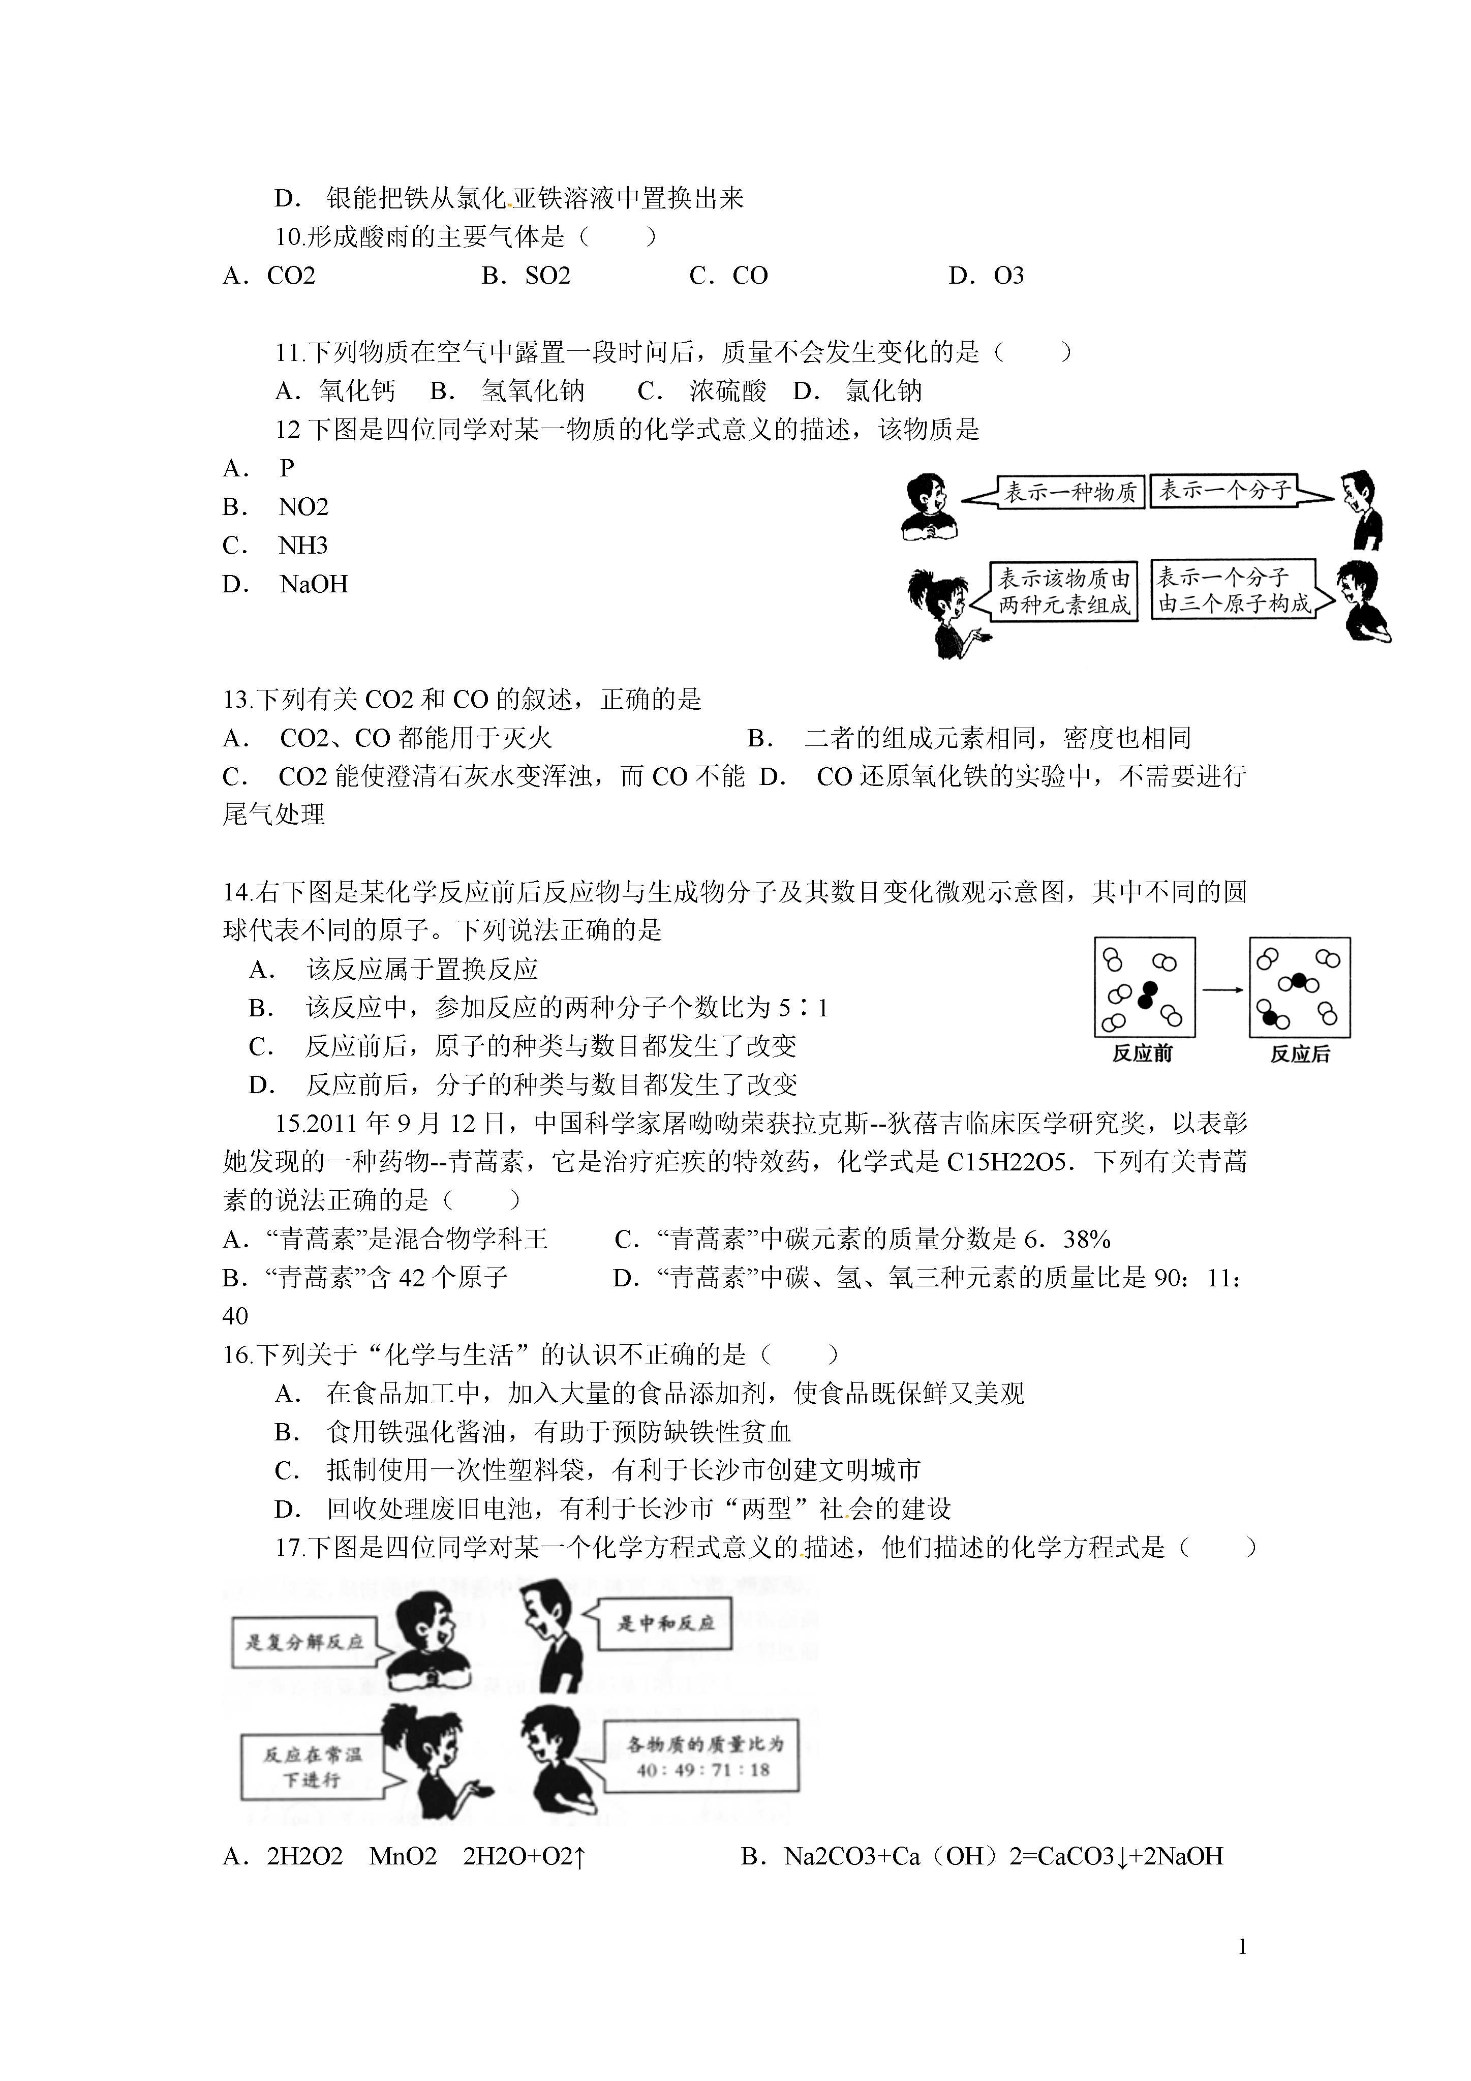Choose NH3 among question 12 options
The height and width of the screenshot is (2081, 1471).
click(x=303, y=546)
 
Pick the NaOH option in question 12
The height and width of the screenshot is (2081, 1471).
click(x=314, y=585)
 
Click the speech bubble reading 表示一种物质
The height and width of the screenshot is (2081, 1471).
click(x=1069, y=492)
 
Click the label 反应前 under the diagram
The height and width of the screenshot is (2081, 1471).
click(x=1142, y=1054)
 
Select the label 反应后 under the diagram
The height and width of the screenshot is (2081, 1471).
click(x=1300, y=1054)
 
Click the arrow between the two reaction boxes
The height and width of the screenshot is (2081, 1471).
click(x=1222, y=990)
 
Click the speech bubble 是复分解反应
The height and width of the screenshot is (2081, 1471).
click(x=304, y=1641)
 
